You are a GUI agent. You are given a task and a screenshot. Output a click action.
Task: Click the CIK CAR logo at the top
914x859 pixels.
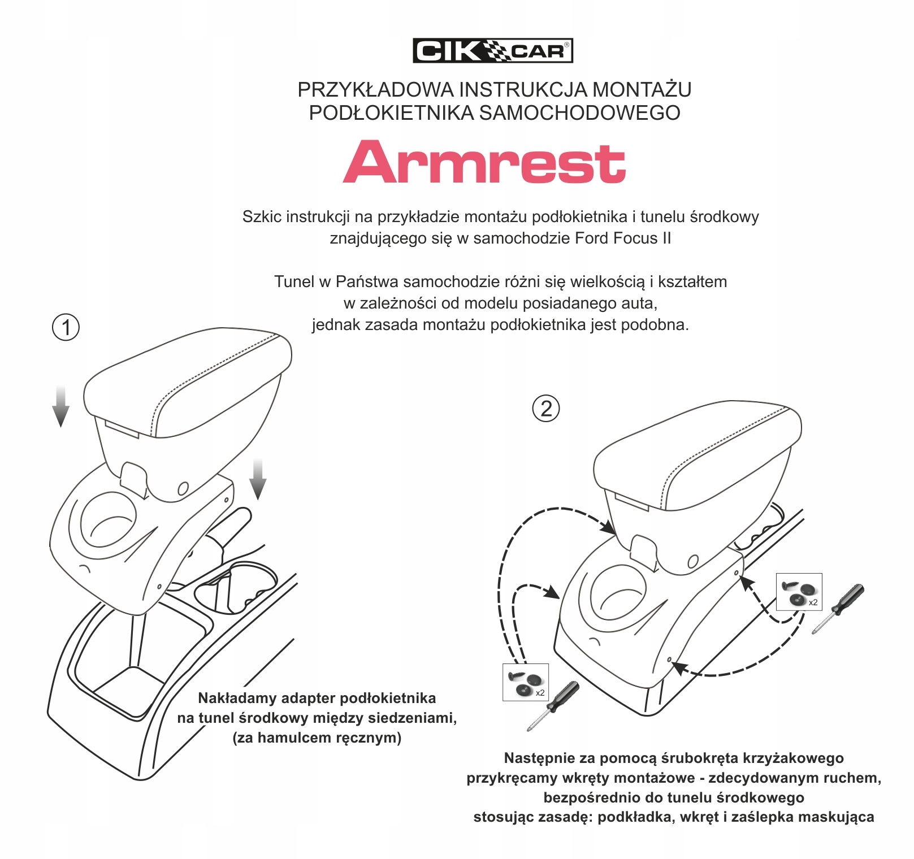(x=492, y=51)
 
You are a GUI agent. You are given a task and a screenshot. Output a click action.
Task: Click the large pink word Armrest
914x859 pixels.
(x=484, y=162)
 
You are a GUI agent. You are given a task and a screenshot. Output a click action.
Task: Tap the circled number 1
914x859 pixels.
(x=66, y=327)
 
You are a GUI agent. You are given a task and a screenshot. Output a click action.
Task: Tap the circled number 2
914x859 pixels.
(x=546, y=409)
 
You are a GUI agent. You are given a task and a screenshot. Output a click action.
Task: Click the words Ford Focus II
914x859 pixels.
(x=622, y=238)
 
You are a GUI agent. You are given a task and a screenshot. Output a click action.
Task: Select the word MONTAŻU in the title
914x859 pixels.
(x=642, y=90)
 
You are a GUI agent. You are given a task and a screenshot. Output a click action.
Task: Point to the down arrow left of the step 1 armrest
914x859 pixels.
(x=60, y=406)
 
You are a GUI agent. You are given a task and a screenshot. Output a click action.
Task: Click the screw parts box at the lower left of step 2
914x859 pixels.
(x=525, y=682)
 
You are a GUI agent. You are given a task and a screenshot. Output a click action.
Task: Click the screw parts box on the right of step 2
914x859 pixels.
(x=799, y=592)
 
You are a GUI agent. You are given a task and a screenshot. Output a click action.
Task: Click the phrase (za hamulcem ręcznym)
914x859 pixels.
(x=317, y=737)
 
